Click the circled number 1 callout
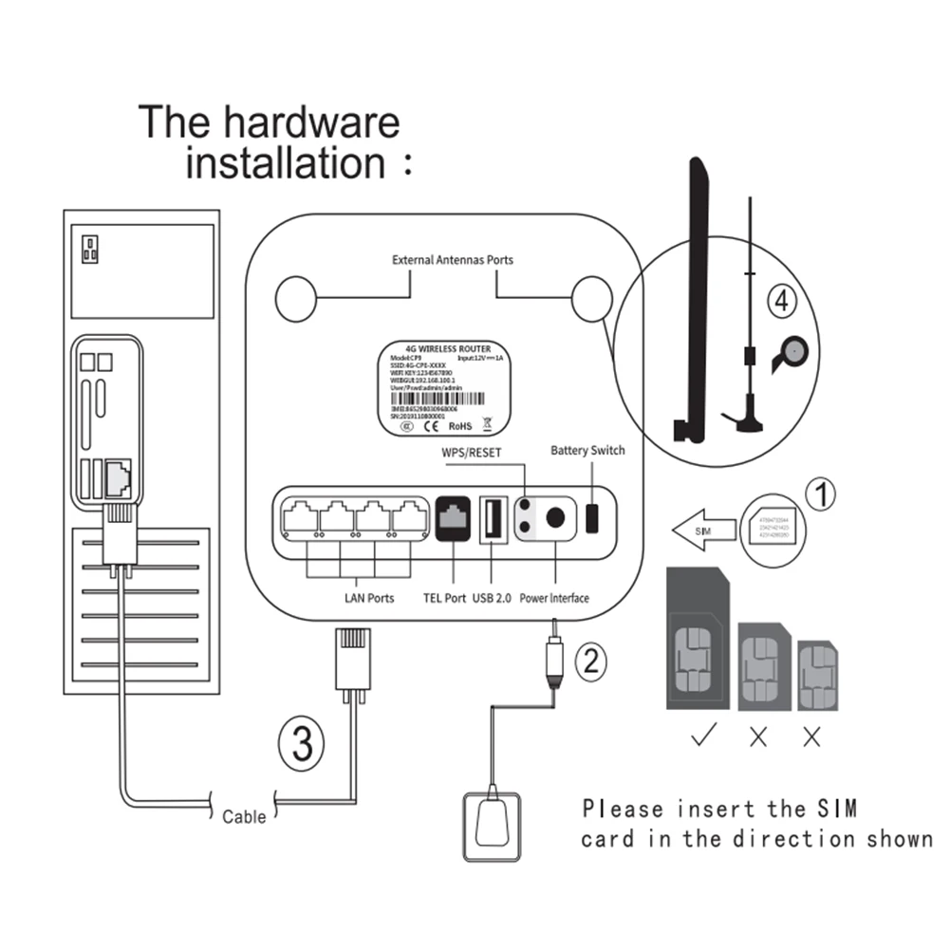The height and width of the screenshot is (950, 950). pos(821,494)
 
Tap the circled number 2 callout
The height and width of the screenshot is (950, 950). pos(591,659)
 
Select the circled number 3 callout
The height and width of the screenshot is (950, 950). pos(302,743)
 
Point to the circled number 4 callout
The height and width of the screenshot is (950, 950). pos(781,303)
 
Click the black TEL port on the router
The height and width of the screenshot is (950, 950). pos(455,518)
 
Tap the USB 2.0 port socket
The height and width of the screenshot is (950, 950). pos(494,519)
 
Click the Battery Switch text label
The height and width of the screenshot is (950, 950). pos(587,450)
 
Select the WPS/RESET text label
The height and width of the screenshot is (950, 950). pos(472,455)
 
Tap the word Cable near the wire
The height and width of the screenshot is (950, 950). pos(244,815)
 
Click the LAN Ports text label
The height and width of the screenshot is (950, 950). pos(368,599)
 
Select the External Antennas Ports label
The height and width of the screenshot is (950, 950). pos(453,260)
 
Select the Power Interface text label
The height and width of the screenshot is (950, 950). pos(554,599)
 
